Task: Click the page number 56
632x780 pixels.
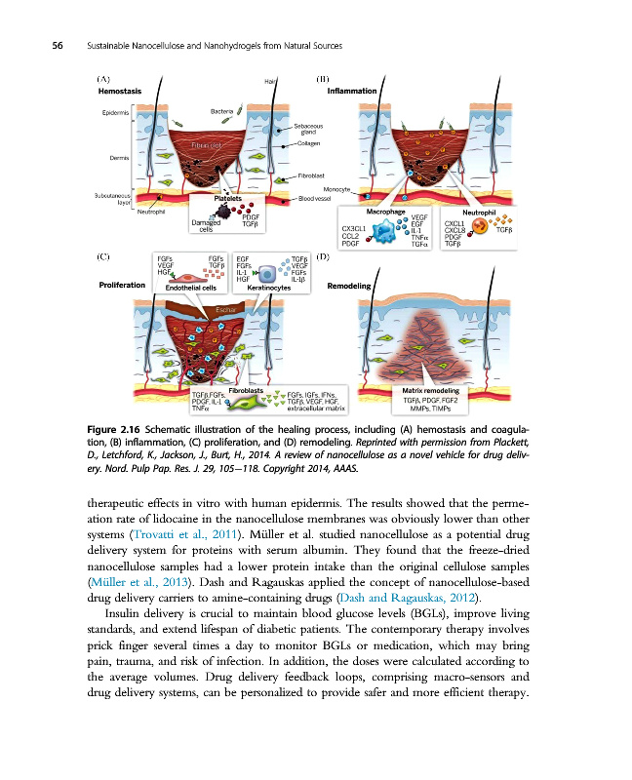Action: pyautogui.click(x=44, y=47)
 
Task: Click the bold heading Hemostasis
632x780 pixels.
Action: pyautogui.click(x=120, y=91)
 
